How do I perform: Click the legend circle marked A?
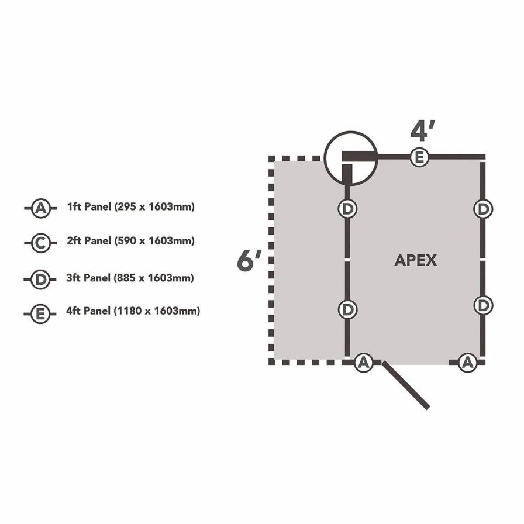coord(40,208)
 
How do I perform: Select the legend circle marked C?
coord(40,243)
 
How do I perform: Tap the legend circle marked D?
coord(40,279)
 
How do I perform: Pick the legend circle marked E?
coord(40,314)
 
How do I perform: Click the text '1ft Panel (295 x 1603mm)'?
coord(130,207)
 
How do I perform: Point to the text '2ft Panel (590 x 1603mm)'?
coord(130,241)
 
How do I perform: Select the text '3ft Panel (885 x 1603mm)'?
coord(130,278)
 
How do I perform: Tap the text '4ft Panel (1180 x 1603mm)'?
coord(133,311)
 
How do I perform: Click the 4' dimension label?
coord(423,132)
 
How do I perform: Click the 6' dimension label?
coord(249,260)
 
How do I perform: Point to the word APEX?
coord(416,260)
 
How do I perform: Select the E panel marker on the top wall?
coord(419,157)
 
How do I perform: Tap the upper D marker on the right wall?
coord(483,209)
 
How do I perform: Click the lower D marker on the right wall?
coord(483,305)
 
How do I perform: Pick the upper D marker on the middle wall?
coord(347,209)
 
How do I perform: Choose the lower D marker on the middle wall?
coord(347,309)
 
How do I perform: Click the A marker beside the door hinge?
coord(364,362)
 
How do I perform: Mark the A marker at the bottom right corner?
coord(467,362)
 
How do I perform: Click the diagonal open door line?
coord(406,385)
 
